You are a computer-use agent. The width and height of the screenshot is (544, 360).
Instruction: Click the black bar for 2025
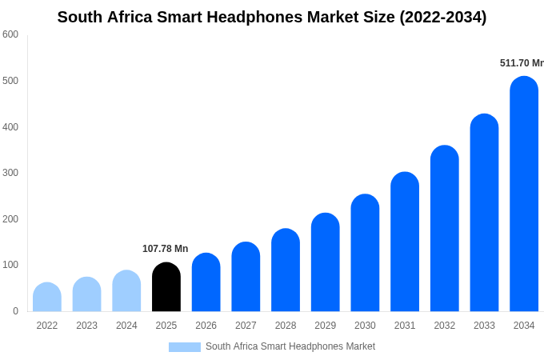point(166,287)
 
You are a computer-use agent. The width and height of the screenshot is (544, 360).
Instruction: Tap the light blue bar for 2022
point(47,298)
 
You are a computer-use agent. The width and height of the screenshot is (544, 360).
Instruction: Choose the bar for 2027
point(246,277)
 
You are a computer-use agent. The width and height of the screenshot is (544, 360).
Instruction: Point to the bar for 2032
point(445,229)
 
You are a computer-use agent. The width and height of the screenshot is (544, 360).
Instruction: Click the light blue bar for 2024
point(126,291)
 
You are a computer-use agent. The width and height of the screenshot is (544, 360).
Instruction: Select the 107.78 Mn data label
point(166,249)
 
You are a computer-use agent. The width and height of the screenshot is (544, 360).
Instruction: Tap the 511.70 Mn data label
point(522,63)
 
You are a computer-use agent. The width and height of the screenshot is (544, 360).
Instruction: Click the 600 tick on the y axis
point(10,34)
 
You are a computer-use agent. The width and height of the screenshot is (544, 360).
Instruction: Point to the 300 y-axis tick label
point(10,173)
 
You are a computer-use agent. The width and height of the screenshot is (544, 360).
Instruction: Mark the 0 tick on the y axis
point(15,311)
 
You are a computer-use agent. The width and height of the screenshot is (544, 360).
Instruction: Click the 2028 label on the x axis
point(286,326)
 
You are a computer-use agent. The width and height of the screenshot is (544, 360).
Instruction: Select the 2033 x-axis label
point(484,326)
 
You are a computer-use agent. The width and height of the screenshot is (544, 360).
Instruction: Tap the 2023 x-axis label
point(86,326)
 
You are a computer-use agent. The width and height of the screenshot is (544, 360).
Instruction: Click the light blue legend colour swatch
point(184,347)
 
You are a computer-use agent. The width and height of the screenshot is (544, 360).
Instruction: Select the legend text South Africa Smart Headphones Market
point(290,346)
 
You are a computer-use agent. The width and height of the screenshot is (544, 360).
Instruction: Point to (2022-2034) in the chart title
point(442,17)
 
